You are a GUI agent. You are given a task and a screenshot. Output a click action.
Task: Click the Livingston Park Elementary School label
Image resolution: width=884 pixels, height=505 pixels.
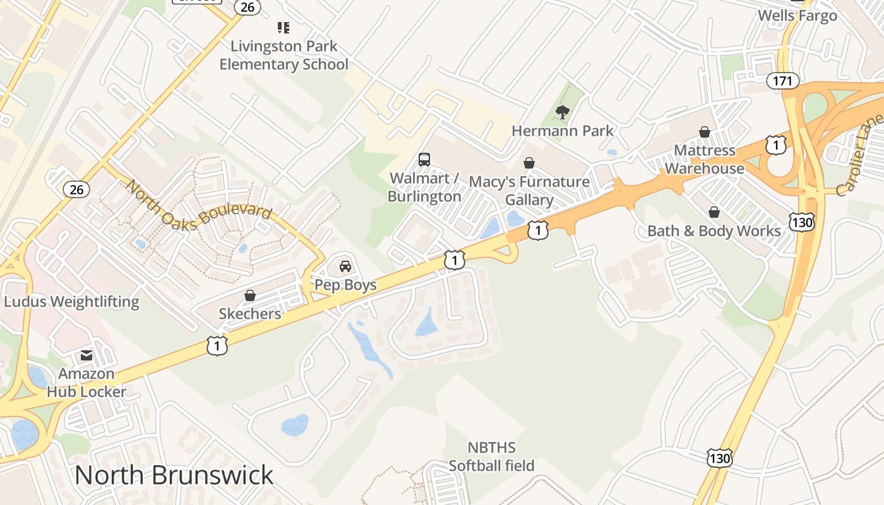coord(284,56)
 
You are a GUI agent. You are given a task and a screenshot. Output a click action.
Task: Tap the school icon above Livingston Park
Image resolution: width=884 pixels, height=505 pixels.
coord(284,28)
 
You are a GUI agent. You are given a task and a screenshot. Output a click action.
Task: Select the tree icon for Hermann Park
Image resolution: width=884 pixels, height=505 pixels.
coord(562,113)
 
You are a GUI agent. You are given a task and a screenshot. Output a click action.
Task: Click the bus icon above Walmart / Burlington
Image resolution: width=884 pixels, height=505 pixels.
coord(424,160)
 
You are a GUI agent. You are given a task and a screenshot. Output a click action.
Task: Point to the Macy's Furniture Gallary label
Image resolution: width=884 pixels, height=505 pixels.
coord(529,191)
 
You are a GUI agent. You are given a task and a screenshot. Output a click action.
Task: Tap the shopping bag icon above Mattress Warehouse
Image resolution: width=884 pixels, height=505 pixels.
coord(705,132)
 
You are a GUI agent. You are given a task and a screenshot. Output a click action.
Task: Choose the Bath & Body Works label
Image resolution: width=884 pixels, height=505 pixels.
coord(714,231)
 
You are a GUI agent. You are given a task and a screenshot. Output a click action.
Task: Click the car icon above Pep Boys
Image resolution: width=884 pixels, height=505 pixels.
coord(345,266)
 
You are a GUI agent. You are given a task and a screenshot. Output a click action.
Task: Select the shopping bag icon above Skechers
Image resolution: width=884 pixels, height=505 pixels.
coord(250,295)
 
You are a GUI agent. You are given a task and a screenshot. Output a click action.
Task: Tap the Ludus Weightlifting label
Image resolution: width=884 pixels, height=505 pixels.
coord(71,302)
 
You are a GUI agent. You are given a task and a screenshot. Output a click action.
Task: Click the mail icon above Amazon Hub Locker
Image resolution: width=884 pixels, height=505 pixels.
coord(87,356)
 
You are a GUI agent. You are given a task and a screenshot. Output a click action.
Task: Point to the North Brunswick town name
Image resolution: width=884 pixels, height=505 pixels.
coord(174,475)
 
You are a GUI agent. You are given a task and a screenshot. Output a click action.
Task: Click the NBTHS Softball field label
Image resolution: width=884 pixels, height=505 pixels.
coord(491,457)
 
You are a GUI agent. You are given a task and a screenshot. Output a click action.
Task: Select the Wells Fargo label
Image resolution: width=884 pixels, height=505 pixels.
coord(797,16)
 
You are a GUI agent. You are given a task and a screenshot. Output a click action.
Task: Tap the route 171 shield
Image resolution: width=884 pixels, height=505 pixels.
coord(783,81)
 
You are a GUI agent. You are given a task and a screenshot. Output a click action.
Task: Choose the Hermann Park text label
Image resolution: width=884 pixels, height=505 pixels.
coord(563,131)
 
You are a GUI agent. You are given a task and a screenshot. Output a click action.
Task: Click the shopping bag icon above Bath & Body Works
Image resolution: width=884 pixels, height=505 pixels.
coord(714,212)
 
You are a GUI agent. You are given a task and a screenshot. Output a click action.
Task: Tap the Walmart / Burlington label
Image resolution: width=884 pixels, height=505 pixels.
coord(424,187)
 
